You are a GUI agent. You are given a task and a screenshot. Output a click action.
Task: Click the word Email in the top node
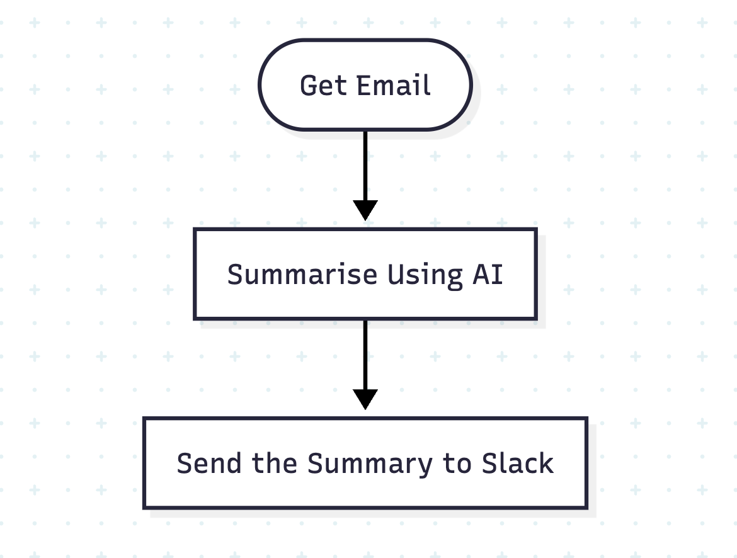[x=394, y=86]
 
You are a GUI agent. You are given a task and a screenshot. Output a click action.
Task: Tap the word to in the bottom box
[x=457, y=464]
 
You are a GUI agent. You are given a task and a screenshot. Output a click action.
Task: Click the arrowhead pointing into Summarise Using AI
[x=365, y=210]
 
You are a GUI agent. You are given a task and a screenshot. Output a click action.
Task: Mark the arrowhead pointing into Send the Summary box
[x=365, y=399]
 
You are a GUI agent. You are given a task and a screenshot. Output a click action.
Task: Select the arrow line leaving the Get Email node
[x=365, y=164]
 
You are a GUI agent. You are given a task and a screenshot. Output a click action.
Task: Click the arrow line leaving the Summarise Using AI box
[x=365, y=353]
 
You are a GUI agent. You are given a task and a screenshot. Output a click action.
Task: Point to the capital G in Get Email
[x=309, y=86]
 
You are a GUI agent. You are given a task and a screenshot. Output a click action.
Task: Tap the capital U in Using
[x=395, y=275]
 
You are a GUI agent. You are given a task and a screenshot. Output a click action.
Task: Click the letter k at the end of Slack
[x=547, y=464]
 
